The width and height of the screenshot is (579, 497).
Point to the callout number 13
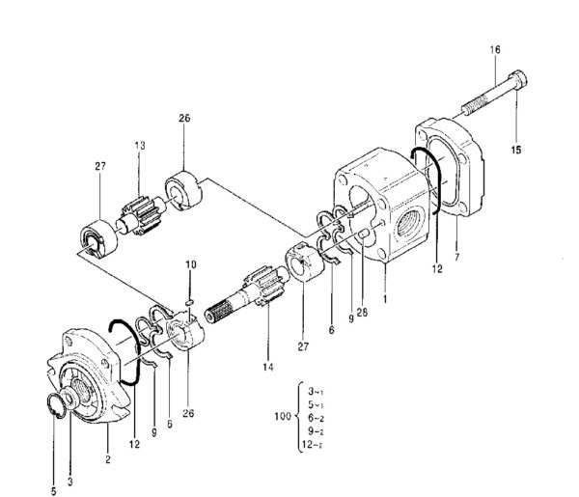(140, 146)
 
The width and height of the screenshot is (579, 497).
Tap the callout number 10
(190, 263)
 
